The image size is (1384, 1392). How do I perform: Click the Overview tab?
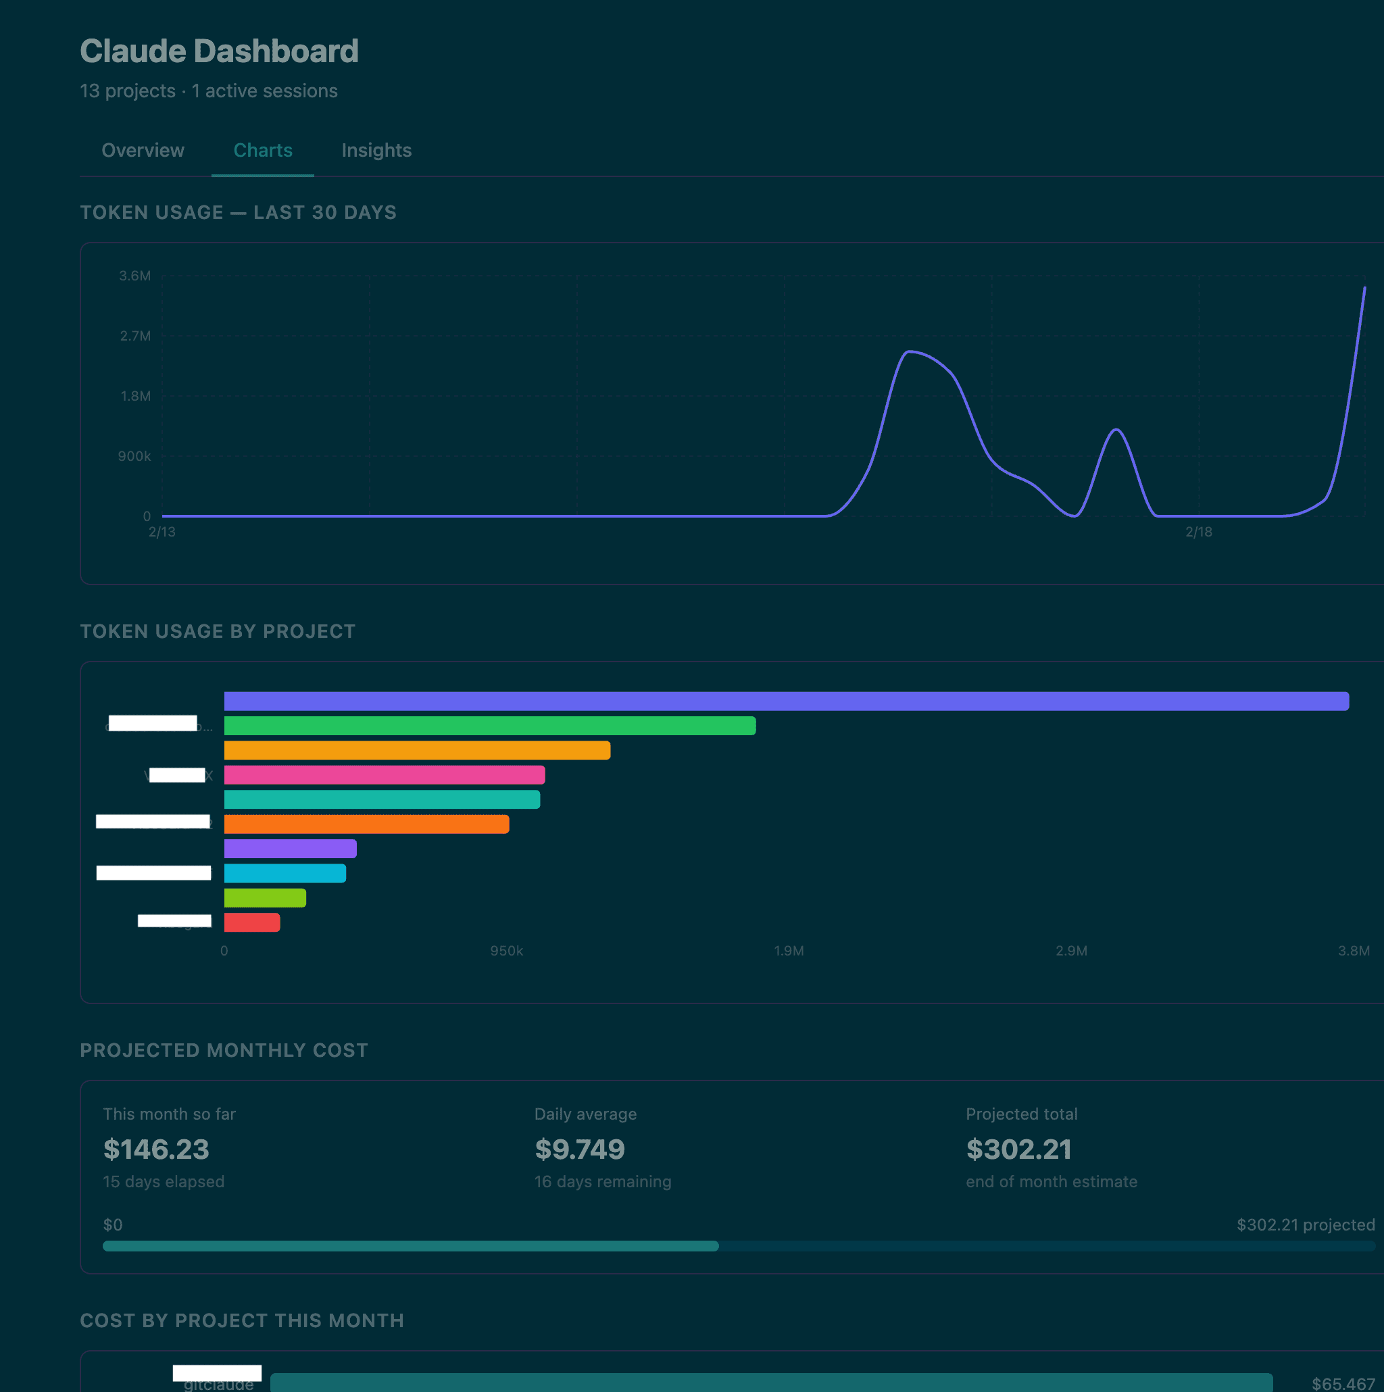coord(143,150)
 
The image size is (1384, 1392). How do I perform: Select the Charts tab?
coord(263,150)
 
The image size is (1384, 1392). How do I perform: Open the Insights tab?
coord(376,150)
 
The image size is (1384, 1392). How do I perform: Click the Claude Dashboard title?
coord(219,51)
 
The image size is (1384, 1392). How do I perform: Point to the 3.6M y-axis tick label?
coord(134,276)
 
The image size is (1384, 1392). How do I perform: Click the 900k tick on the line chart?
coord(134,456)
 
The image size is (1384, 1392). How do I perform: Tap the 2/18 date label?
coord(1198,532)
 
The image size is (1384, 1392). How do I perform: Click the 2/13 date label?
coord(162,532)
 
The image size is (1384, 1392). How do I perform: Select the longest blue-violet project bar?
coord(786,701)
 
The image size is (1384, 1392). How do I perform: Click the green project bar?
coord(490,726)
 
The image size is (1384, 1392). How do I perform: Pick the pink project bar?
coord(385,774)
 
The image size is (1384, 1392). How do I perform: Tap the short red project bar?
coord(252,922)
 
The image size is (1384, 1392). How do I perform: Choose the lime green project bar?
coord(265,898)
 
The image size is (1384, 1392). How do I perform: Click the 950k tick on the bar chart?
coord(506,950)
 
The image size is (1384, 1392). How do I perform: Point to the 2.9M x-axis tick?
coord(1071,950)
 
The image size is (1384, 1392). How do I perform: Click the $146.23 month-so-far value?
coord(155,1149)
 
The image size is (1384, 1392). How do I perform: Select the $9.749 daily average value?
coord(579,1149)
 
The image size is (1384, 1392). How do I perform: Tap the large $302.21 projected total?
coord(1018,1149)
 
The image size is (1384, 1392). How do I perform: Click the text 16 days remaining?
coord(602,1182)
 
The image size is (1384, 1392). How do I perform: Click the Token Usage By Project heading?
coord(218,631)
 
